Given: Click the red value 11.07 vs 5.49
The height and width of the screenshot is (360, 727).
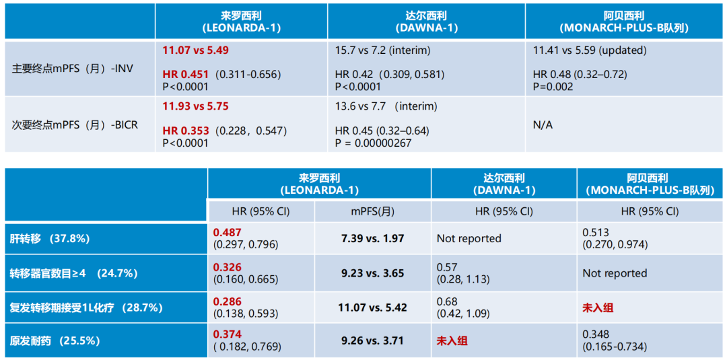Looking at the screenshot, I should [199, 50].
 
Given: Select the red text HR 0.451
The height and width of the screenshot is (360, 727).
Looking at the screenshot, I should [186, 74].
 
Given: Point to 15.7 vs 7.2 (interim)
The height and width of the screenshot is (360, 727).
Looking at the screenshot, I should [382, 50].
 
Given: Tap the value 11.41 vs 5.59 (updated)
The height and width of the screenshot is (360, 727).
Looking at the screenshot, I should [589, 50].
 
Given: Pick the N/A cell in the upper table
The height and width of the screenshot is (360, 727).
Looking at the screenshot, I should [543, 124].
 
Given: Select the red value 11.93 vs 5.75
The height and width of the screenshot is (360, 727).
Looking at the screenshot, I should [199, 106].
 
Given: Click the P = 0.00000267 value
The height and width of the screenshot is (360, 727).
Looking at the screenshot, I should [373, 143].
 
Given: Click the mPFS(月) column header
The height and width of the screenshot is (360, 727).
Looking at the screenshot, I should [372, 211].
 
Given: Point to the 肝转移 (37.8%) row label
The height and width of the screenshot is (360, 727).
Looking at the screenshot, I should [50, 238].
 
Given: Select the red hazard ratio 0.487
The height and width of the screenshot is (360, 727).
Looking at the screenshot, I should [227, 232].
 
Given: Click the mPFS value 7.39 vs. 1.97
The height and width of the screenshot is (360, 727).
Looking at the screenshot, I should [372, 238].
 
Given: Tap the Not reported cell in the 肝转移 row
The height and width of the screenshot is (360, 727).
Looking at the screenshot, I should [469, 238].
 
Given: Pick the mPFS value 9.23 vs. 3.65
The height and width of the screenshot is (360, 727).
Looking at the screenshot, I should [372, 273].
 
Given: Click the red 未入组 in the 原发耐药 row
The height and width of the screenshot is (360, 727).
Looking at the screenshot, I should [452, 340].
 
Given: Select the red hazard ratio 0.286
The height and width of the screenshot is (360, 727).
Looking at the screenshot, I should [227, 301].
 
